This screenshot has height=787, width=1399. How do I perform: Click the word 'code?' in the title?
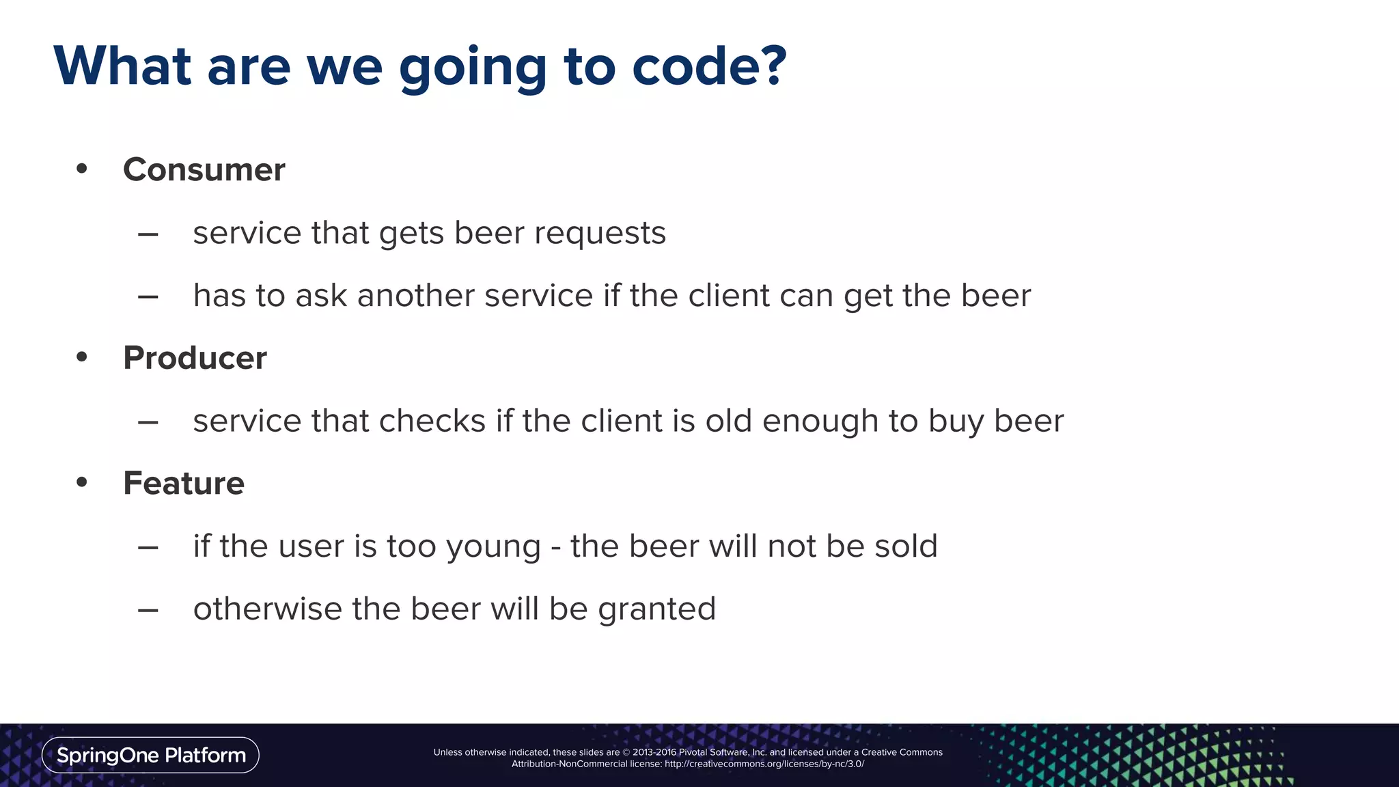[x=709, y=66]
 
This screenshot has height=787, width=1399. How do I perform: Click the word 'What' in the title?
[x=122, y=66]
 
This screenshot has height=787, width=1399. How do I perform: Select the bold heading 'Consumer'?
[x=204, y=169]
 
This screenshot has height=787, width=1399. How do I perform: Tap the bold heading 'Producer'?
[x=195, y=358]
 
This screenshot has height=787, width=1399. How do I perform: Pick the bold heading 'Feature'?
[x=183, y=483]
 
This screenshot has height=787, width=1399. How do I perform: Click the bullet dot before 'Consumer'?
[x=82, y=168]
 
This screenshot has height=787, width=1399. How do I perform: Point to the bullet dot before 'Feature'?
[x=82, y=482]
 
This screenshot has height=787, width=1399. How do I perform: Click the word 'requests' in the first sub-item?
[x=600, y=234]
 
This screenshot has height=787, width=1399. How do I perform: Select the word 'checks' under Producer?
[x=432, y=421]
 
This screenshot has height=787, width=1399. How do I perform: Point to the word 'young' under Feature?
[x=493, y=547]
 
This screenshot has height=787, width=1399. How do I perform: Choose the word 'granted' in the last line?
[x=656, y=609]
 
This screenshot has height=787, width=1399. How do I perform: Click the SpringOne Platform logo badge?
[x=150, y=755]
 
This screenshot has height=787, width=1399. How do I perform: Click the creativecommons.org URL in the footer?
[x=764, y=764]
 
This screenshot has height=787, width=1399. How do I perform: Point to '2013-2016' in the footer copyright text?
[x=654, y=752]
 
